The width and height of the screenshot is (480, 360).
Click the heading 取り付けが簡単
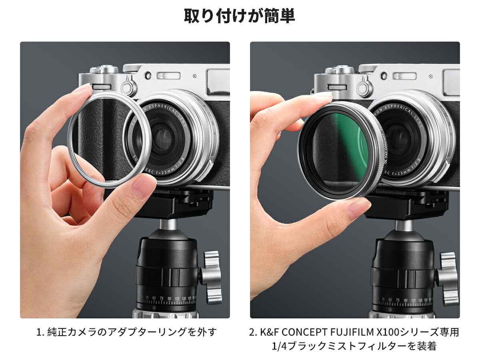[x=239, y=16]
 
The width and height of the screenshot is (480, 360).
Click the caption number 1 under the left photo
[x=39, y=332]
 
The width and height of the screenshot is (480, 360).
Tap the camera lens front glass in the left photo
[x=162, y=138]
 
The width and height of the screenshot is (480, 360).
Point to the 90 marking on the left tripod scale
[x=169, y=298]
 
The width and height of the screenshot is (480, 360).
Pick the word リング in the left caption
[x=174, y=332]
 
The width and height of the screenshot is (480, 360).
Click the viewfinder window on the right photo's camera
[x=451, y=76]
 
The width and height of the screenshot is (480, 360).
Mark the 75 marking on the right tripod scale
[x=398, y=299]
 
